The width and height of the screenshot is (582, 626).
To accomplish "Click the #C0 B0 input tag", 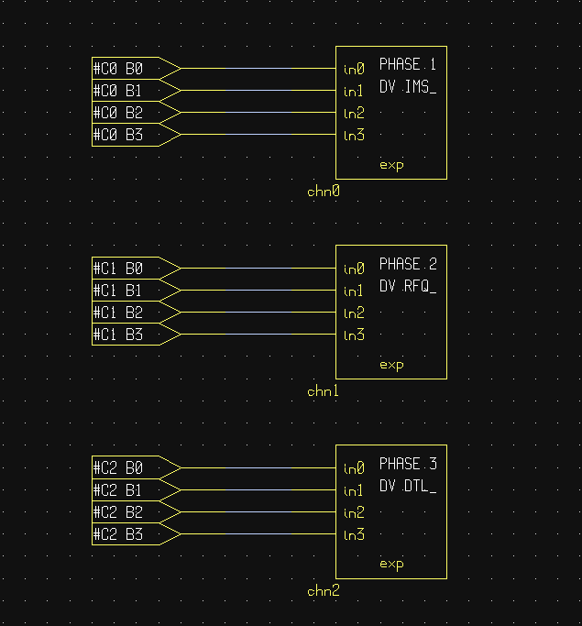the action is point(137,68).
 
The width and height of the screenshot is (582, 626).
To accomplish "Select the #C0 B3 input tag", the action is point(137,135).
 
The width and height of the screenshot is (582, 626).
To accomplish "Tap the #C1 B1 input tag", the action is point(137,291).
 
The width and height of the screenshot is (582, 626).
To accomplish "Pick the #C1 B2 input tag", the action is point(137,313).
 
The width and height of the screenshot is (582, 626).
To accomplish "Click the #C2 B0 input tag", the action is point(137,467).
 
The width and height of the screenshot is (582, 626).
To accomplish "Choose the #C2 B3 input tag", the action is point(137,533).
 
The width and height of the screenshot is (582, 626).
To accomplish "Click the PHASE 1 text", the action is point(408,64).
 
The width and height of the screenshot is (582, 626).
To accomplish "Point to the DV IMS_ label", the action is point(408,87).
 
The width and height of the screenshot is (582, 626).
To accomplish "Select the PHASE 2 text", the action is point(408,264).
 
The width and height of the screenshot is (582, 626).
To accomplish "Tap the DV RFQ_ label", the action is point(408,286).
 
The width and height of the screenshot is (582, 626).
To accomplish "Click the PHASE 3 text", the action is point(408,464).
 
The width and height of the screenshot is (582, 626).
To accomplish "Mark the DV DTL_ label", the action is point(408,486).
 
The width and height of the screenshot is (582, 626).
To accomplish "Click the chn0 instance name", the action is point(324,192).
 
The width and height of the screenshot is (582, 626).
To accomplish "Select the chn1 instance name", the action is point(323,391).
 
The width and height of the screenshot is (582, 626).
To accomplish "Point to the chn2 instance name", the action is point(324,591).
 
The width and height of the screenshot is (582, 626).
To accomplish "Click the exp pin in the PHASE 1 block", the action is point(391,165).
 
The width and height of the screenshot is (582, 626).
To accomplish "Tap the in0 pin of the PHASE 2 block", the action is point(354,269).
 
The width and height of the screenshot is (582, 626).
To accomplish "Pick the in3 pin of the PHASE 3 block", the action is point(354,534).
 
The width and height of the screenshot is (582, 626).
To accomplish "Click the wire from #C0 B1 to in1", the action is point(258,91).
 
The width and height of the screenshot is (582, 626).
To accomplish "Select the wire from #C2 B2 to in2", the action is point(258,511).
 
